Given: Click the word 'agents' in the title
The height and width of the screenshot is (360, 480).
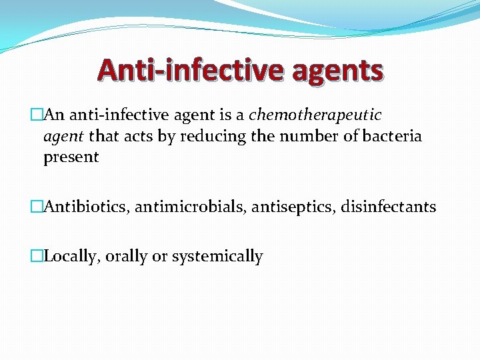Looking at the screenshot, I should pos(337,71).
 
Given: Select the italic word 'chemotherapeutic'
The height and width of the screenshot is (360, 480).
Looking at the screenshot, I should pos(315,115).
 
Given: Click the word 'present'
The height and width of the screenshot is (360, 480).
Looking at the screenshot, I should pos(71,158).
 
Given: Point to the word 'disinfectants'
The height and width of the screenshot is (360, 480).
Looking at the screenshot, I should pos(389,207).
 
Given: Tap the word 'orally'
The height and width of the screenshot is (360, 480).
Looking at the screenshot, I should pos(125,257).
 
